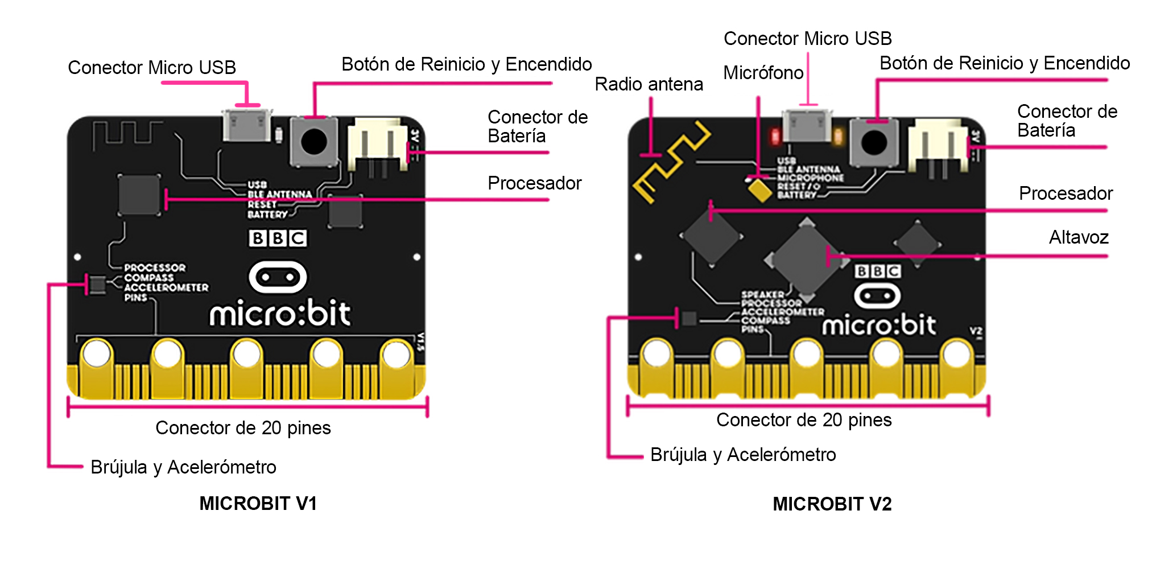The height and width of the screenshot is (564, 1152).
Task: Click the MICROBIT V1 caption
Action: (258, 503)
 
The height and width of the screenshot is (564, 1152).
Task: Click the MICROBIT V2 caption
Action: (832, 504)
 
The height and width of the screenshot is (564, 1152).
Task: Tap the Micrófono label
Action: (763, 73)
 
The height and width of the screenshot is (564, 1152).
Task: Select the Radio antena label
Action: (649, 84)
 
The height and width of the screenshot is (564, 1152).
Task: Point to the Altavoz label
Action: (1079, 237)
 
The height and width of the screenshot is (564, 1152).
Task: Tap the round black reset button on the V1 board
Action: (313, 142)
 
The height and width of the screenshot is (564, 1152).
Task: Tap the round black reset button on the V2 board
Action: (874, 142)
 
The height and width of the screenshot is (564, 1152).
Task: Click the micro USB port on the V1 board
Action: (246, 125)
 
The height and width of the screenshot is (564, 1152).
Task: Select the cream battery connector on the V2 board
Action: (936, 142)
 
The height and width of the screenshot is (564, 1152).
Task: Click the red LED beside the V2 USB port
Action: (775, 137)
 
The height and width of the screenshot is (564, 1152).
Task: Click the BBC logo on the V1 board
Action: (278, 238)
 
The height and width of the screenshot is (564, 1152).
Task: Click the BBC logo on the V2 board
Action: (877, 271)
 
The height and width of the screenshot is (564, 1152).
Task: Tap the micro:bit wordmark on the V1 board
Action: (280, 313)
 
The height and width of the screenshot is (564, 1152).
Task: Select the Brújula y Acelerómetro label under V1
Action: (183, 467)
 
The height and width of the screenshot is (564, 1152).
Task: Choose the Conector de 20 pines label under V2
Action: (803, 420)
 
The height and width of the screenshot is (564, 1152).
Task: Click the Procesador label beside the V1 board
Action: (534, 183)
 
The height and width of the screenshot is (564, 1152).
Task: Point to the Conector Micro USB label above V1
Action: (152, 68)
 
